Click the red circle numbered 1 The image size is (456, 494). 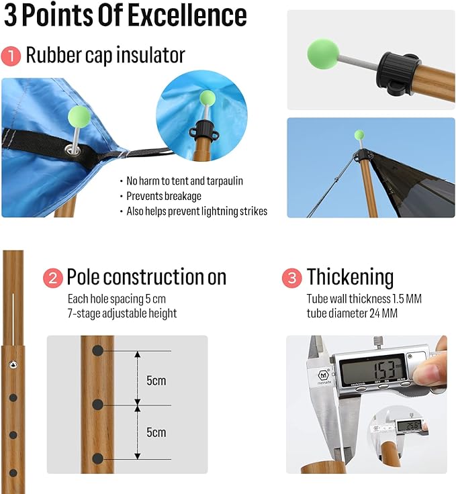(11, 56)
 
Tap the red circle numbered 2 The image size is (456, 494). (53, 278)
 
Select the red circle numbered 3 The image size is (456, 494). (292, 278)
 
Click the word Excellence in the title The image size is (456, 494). (188, 15)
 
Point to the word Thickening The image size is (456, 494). (350, 277)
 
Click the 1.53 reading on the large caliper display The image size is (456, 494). (384, 369)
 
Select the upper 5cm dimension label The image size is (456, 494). (156, 381)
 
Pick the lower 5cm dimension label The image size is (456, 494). (156, 432)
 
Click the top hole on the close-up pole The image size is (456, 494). (97, 350)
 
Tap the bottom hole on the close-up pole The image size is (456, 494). (97, 458)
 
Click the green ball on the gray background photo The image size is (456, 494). (323, 54)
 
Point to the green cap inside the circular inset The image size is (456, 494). (208, 98)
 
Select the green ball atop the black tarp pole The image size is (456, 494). (359, 135)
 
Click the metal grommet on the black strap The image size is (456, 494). (73, 150)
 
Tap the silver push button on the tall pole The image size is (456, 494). (13, 364)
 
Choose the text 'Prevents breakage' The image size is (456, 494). (164, 196)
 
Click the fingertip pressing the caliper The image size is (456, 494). (430, 370)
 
